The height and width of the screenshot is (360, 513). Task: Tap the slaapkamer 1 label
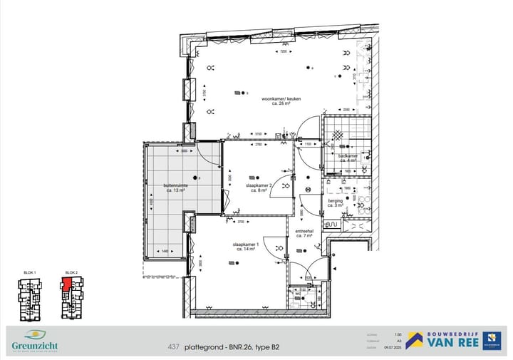pyautogui.click(x=245, y=245)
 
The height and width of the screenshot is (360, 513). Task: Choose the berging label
pyautogui.click(x=335, y=202)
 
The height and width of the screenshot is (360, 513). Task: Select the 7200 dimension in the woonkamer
pyautogui.click(x=283, y=52)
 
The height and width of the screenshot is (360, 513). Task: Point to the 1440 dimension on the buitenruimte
pyautogui.click(x=165, y=251)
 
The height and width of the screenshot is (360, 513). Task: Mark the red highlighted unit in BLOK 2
pyautogui.click(x=66, y=284)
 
